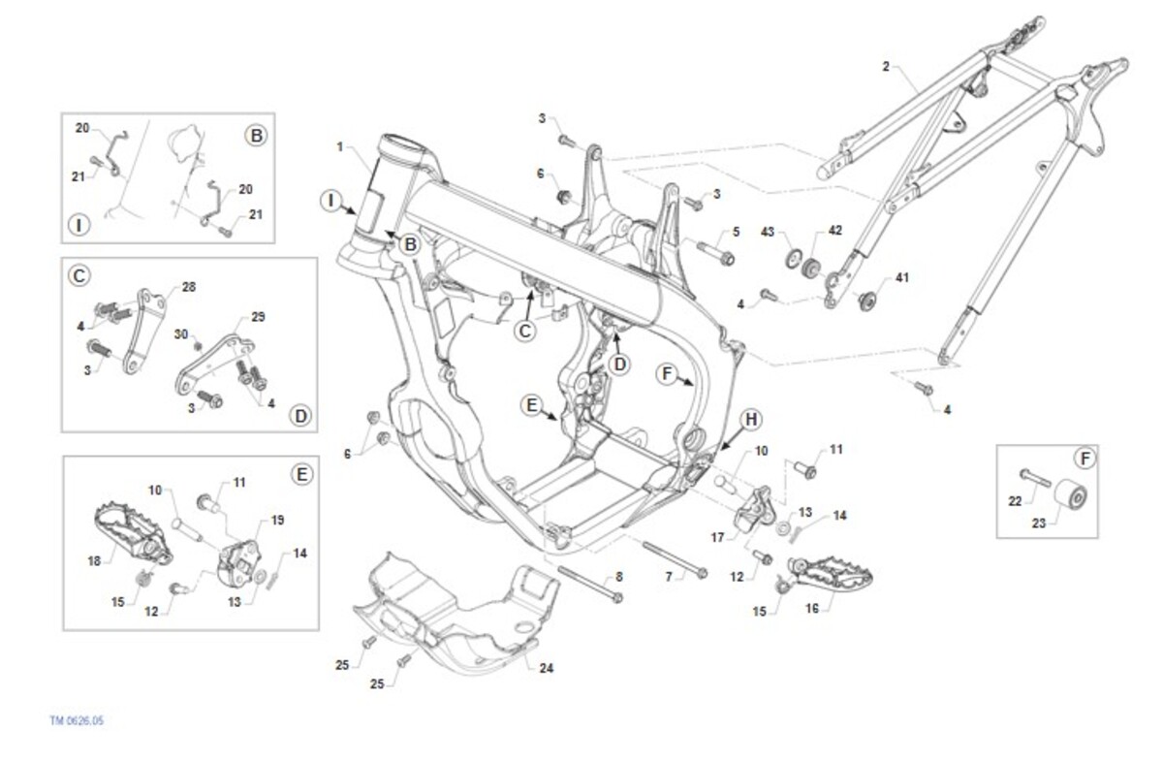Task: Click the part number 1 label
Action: (x=340, y=147)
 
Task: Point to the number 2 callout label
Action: (x=885, y=67)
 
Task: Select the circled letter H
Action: (x=750, y=419)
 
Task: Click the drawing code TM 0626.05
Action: (x=77, y=721)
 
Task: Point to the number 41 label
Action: (x=902, y=278)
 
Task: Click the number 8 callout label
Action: (x=619, y=577)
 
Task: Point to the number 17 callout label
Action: (x=718, y=536)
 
